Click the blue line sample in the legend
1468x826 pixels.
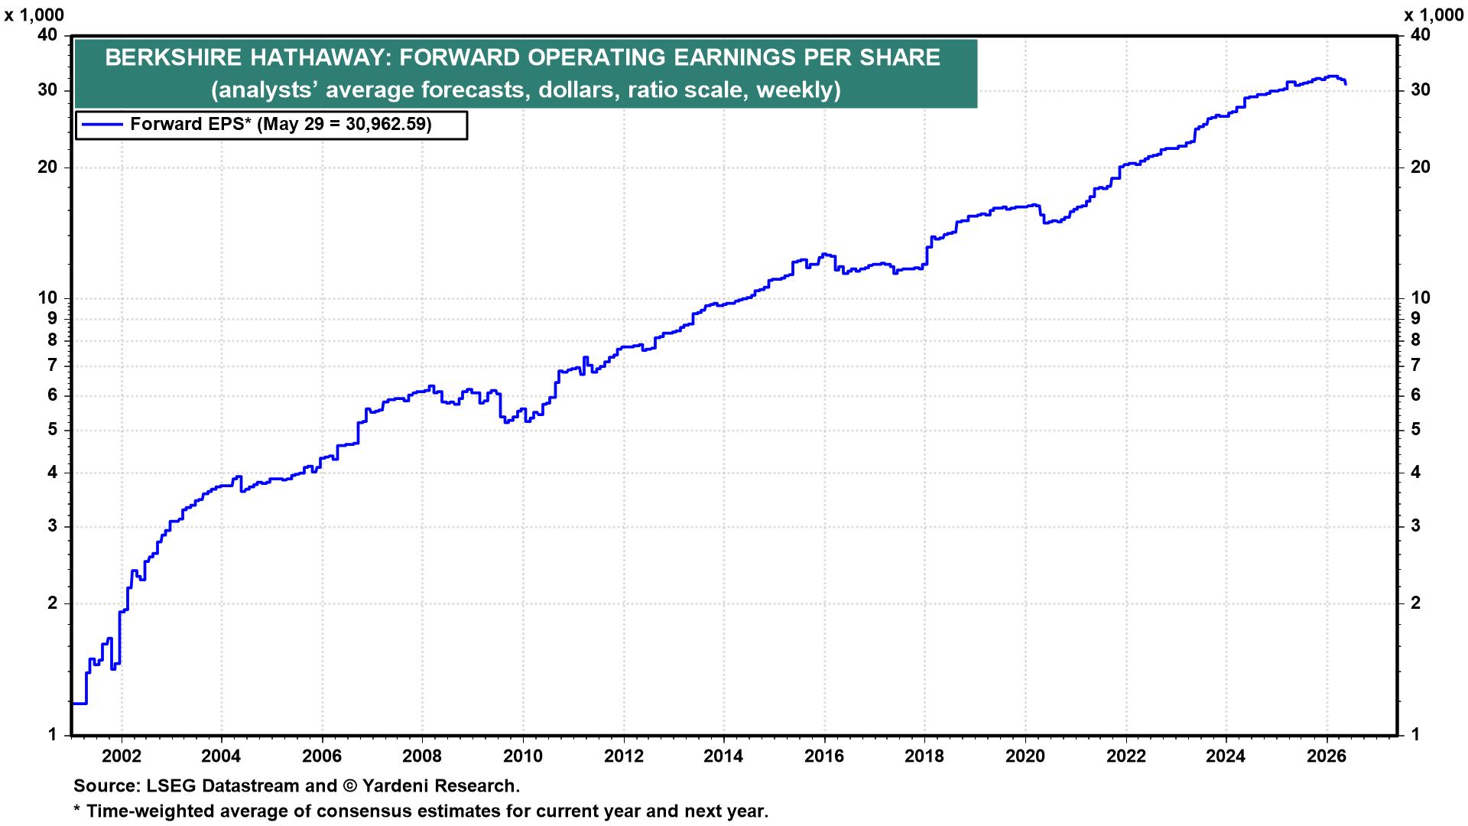[102, 124]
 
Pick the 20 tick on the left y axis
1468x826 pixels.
[47, 167]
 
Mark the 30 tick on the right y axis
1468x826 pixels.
[1420, 90]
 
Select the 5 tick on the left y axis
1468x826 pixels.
[53, 430]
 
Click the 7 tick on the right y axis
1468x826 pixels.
[1415, 366]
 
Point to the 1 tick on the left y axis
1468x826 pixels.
[53, 735]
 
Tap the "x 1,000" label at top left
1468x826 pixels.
[34, 15]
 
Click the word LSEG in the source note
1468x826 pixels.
[159, 785]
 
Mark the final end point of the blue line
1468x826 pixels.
[1346, 83]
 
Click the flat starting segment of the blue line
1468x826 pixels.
[79, 703]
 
